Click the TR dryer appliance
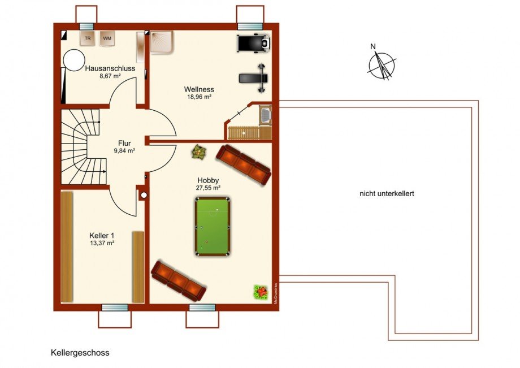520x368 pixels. point(87,38)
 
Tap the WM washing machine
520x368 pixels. point(107,38)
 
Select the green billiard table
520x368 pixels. point(213,227)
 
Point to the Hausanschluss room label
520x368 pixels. point(110,68)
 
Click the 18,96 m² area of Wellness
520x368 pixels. point(199,97)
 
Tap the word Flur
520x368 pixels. point(124,143)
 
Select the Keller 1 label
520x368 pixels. point(102,235)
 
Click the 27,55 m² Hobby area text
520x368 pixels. point(208,188)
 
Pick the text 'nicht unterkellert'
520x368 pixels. point(387,194)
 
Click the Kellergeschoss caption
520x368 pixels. point(80,353)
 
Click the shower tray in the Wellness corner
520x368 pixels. point(162,42)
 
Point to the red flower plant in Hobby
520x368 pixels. point(261,292)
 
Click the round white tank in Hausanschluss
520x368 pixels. point(74,60)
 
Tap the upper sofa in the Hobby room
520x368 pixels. point(244,164)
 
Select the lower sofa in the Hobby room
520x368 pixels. point(178,281)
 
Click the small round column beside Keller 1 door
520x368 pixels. point(144,196)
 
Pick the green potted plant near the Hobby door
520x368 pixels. point(198,152)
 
